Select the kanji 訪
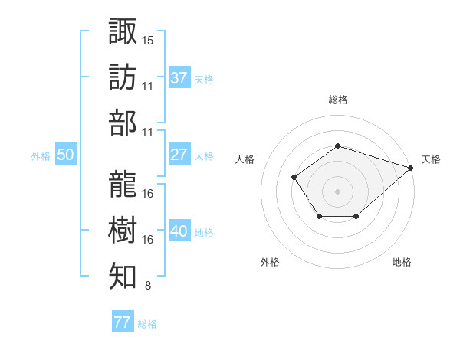tap(123, 77)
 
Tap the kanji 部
tap(123, 123)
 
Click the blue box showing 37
tap(179, 77)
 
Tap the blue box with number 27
tap(179, 155)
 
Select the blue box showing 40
tap(179, 231)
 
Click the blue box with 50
tap(65, 155)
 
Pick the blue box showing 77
tap(122, 322)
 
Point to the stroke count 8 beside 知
tap(147, 286)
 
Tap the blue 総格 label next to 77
tap(147, 324)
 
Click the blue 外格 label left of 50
tap(41, 156)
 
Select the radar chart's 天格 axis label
tap(431, 159)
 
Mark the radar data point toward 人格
tap(294, 178)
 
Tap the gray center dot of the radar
tap(337, 191)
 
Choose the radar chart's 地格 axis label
tap(402, 262)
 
